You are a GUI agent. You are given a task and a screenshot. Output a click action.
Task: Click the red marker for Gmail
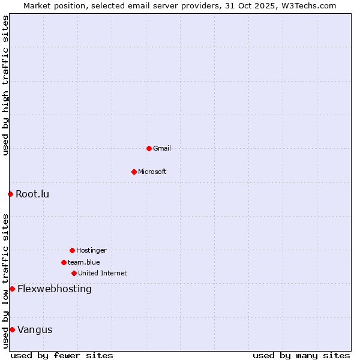(x=149, y=148)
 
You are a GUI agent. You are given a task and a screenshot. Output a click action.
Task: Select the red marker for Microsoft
(x=134, y=172)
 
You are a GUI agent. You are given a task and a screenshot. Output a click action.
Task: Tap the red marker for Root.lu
(x=10, y=194)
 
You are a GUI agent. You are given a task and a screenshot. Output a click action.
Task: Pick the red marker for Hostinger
(x=72, y=250)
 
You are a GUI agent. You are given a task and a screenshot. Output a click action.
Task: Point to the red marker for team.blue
(x=64, y=262)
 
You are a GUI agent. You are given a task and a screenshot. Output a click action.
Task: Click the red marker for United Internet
(x=74, y=273)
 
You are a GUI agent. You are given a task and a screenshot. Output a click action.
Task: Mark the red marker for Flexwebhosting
(x=12, y=289)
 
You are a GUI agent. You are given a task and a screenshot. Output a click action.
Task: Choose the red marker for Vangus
(x=12, y=329)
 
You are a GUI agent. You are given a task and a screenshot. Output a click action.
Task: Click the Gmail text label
(x=162, y=148)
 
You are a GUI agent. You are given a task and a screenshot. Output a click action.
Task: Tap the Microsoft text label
(x=152, y=172)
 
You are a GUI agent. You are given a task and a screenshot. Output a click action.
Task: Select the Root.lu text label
(x=32, y=194)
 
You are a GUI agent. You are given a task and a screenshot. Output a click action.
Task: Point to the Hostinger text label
(x=91, y=250)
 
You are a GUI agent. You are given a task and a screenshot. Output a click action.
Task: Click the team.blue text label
(x=84, y=262)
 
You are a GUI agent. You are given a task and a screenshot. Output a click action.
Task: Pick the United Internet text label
(x=103, y=273)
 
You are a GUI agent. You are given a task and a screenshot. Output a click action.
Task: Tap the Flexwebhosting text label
(x=55, y=289)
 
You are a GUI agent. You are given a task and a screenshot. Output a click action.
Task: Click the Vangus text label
(x=35, y=329)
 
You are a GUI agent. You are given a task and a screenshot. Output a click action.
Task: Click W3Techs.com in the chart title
(x=308, y=5)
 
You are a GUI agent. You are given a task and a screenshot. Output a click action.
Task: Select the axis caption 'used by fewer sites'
(x=62, y=355)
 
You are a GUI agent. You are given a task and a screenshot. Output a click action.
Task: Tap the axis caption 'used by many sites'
(x=301, y=355)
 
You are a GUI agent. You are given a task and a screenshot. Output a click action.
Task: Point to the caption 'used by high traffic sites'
(x=5, y=86)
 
